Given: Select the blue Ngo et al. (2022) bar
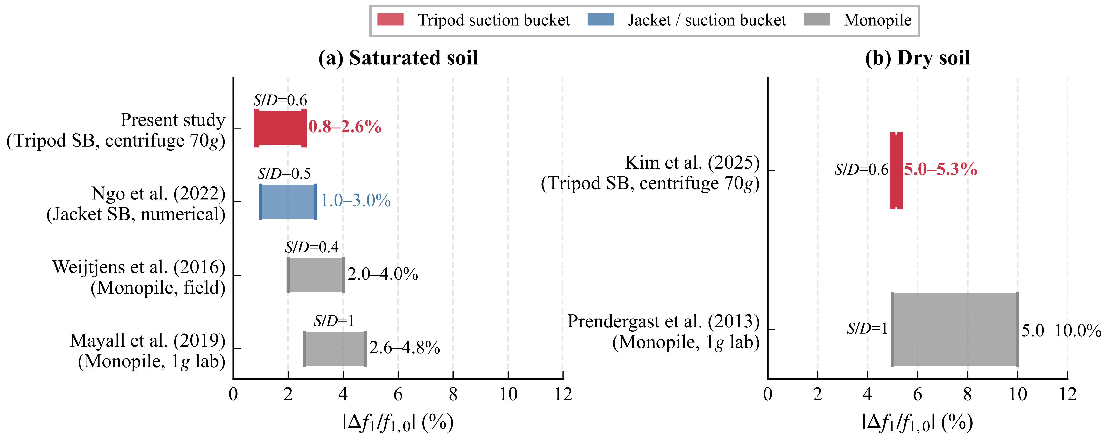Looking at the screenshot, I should [x=288, y=201].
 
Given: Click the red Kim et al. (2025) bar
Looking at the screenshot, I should [x=896, y=170].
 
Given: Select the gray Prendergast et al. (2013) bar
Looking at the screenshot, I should [x=955, y=330].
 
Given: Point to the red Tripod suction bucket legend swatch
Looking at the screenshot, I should [x=390, y=20].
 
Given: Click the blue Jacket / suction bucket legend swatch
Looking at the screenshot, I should [x=600, y=20].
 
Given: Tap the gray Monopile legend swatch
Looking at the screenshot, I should [x=816, y=20].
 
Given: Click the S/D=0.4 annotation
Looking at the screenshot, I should [x=312, y=248].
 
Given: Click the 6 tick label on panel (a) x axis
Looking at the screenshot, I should [x=398, y=394].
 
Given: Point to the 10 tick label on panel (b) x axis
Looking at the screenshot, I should [x=1017, y=394].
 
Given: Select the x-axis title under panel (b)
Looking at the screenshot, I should [x=918, y=423].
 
